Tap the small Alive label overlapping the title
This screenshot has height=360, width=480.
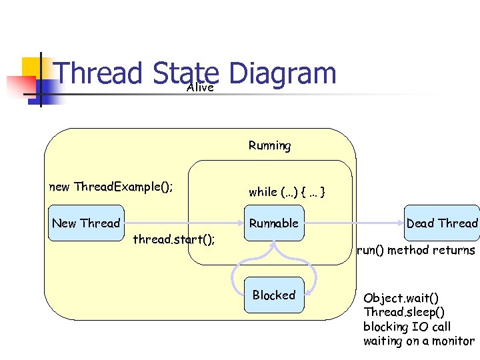[201, 87]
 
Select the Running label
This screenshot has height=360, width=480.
[269, 145]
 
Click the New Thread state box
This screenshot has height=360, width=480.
[86, 223]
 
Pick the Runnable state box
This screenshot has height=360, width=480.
[273, 223]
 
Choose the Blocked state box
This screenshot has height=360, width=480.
[273, 295]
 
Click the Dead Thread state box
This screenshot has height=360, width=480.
[442, 223]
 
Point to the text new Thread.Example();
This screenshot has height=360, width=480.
[111, 187]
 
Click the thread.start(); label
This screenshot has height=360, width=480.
[173, 239]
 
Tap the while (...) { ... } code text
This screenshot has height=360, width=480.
[287, 192]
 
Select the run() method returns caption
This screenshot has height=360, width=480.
[416, 251]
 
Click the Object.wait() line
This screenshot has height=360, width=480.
[401, 297]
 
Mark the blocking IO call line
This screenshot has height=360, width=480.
[407, 327]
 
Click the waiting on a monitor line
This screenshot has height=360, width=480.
[419, 341]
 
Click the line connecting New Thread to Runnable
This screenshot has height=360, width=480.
[180, 223]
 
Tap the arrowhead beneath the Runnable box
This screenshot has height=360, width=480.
[273, 245]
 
